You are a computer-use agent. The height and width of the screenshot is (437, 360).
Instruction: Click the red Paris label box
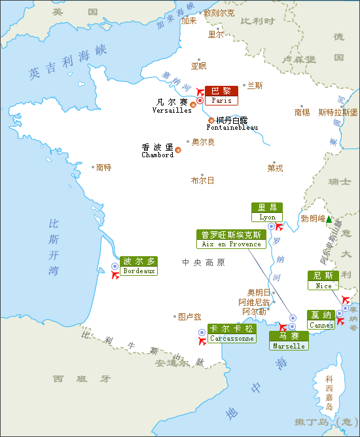tap(221, 96)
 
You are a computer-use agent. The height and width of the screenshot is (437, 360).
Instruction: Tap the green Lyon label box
tap(267, 212)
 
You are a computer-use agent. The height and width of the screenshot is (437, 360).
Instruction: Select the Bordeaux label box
tap(139, 265)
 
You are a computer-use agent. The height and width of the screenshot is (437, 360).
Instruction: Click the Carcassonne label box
tap(231, 333)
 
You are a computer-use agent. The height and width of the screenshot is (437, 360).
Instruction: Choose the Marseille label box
tap(289, 341)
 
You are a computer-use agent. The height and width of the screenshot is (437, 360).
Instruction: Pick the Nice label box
tap(323, 280)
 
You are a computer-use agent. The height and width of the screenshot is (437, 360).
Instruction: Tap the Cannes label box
tap(321, 320)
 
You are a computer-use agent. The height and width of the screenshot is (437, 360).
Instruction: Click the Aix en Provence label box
tap(231, 239)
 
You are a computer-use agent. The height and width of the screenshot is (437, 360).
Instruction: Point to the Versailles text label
tap(171, 106)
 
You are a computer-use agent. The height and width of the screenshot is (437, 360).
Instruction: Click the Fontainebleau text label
tap(227, 124)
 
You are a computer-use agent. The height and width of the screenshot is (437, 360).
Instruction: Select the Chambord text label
tap(158, 151)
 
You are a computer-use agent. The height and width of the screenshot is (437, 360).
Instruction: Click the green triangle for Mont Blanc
tap(329, 219)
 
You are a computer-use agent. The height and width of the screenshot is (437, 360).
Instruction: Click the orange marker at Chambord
tap(178, 150)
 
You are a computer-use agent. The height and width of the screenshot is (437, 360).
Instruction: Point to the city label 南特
tap(103, 168)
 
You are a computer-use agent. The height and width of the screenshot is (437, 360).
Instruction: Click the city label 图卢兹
tap(189, 316)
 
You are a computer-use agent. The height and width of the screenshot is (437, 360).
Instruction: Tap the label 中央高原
tap(203, 263)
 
